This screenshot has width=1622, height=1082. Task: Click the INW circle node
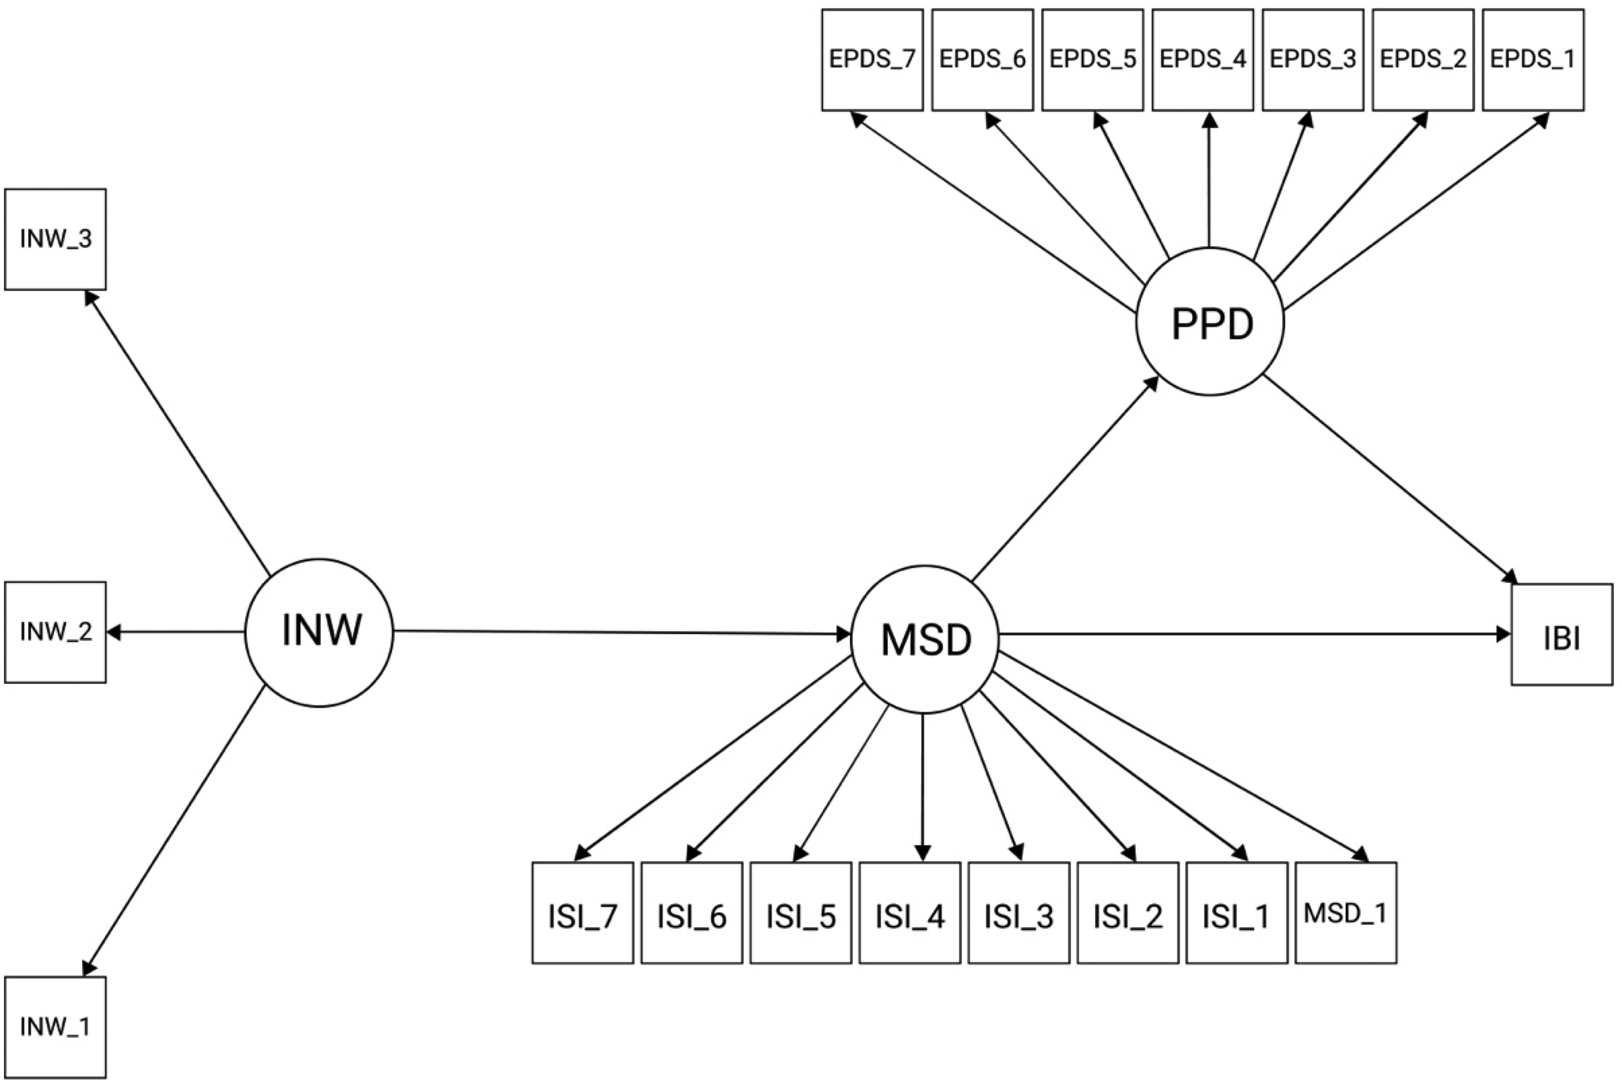pos(319,632)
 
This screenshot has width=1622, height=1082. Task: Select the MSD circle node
pos(925,639)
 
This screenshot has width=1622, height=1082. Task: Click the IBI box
pos(1562,634)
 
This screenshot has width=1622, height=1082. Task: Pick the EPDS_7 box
pos(873,59)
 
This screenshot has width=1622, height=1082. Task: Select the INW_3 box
pos(55,239)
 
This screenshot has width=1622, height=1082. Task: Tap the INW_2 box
pos(55,632)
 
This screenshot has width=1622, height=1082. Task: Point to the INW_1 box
pos(55,1028)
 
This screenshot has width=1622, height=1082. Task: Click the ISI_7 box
pos(583,913)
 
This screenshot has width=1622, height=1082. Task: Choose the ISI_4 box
pos(910,913)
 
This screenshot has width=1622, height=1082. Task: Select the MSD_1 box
pos(1346,913)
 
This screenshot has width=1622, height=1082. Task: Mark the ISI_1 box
pos(1237,913)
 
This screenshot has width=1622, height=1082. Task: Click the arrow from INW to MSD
pos(622,632)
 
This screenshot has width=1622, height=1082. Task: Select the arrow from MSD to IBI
pos(1255,634)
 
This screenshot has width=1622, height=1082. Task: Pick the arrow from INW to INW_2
pos(176,631)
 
